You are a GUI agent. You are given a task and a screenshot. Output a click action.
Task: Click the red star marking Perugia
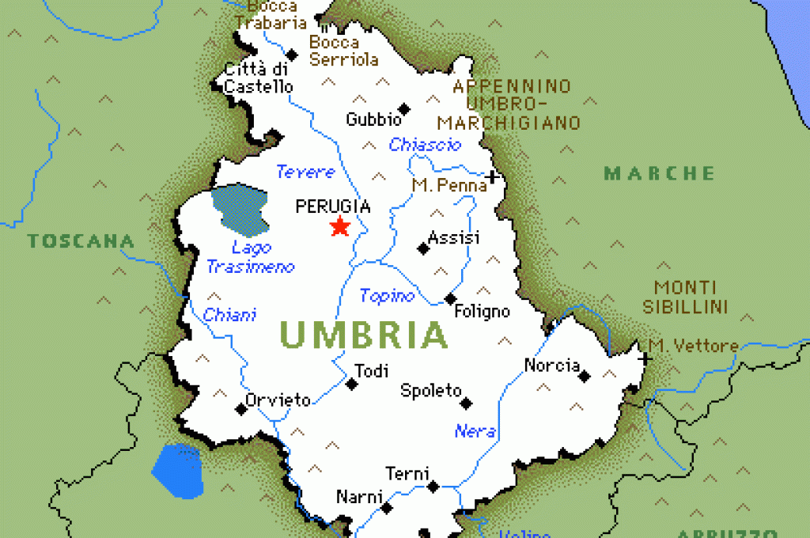[340, 227]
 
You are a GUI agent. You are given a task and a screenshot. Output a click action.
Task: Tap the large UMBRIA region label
[364, 335]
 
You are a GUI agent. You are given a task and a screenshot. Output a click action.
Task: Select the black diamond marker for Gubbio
[404, 108]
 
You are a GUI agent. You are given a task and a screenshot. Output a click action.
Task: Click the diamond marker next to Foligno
[450, 299]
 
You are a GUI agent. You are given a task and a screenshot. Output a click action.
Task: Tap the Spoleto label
[430, 390]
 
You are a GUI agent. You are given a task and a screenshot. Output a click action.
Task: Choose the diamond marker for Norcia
[584, 377]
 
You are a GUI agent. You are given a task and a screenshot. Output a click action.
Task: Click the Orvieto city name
[278, 400]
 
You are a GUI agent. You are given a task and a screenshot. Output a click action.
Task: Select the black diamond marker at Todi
[351, 385]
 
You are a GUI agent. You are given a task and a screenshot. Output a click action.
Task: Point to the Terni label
[407, 474]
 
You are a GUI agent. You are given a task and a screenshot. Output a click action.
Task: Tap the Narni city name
[359, 497]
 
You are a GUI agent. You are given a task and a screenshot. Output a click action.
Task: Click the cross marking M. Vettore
[645, 358]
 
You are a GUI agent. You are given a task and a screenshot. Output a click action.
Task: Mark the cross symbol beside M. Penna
[493, 176]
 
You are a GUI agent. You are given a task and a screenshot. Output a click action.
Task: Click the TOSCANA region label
[81, 241]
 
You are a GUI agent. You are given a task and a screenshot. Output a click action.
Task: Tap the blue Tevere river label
[305, 172]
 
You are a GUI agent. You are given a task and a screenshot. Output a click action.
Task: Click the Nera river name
[475, 431]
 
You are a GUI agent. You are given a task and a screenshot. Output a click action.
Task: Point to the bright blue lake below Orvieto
[177, 470]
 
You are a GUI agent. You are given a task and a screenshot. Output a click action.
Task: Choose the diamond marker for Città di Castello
[292, 55]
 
